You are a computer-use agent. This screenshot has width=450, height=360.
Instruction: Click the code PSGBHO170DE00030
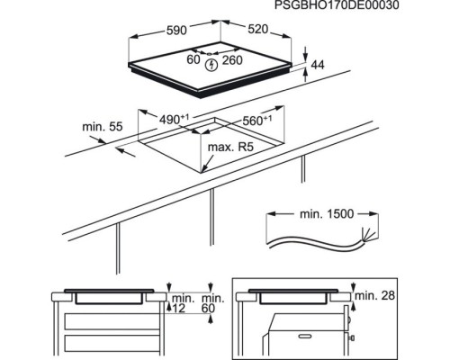[x=337, y=5]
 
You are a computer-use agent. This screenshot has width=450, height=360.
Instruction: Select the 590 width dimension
[x=176, y=30]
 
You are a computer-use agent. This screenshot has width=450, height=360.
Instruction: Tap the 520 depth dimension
[x=257, y=29]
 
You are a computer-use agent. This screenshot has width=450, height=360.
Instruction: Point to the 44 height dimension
[x=318, y=65]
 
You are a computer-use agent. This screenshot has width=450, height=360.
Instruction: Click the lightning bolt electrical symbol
[x=212, y=65]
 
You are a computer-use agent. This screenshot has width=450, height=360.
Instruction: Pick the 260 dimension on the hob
[x=232, y=60]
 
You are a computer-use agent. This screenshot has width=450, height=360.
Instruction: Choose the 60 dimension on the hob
[x=193, y=59]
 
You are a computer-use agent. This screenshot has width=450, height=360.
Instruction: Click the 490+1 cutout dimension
[x=174, y=120]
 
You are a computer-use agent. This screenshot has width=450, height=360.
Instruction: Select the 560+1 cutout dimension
[x=257, y=121]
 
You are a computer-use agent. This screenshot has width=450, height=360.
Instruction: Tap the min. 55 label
[x=103, y=127]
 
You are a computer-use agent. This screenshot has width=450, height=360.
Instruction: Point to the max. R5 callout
[x=230, y=147]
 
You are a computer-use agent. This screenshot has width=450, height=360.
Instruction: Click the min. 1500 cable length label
[x=327, y=214]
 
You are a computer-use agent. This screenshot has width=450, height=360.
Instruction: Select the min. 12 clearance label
[x=184, y=303]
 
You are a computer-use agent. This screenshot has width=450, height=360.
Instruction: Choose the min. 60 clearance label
[x=213, y=303]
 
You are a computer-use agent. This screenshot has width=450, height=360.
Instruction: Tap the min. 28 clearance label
[x=374, y=295]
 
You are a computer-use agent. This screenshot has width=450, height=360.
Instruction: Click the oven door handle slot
[x=307, y=336]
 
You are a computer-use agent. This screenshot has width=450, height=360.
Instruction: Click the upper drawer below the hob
[x=112, y=321]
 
